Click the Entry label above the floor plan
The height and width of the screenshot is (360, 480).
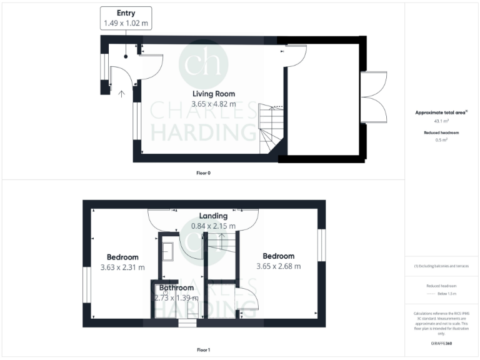[x=126, y=12]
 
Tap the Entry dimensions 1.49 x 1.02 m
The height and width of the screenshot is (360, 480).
[x=126, y=23]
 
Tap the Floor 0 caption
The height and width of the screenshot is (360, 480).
[x=203, y=172]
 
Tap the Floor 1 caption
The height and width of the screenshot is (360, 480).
[x=203, y=349]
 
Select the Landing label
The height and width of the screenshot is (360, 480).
[x=213, y=216]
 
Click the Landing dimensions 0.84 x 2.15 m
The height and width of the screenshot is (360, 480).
[x=213, y=226]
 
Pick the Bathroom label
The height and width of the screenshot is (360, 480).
[x=176, y=288]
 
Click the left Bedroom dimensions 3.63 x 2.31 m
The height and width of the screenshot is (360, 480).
[x=122, y=267]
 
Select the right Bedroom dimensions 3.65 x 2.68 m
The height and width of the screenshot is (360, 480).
[x=278, y=266]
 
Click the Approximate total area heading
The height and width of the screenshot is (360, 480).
[x=442, y=112]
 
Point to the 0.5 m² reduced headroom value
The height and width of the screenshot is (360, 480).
[x=442, y=140]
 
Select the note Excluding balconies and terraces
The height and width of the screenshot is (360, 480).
[x=442, y=266]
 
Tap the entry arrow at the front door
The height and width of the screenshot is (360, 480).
[x=121, y=94]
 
